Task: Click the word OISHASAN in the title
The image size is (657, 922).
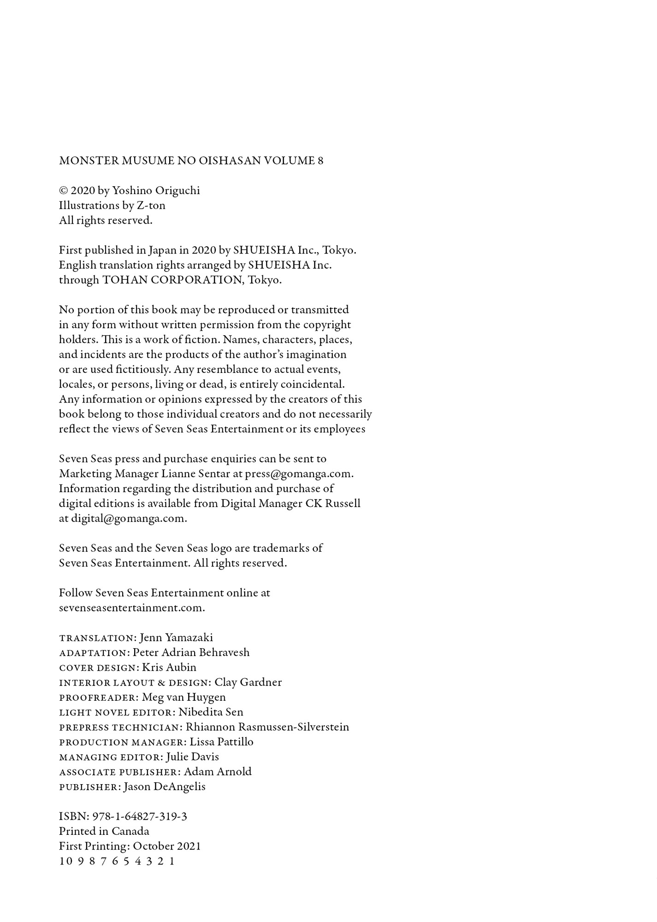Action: click(x=229, y=160)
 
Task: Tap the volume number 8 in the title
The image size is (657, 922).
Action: click(x=320, y=160)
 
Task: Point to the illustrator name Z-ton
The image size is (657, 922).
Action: click(x=151, y=206)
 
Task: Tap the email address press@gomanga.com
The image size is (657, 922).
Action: click(x=299, y=474)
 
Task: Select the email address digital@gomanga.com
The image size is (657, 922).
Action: click(x=129, y=519)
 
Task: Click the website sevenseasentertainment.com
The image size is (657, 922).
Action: click(x=132, y=608)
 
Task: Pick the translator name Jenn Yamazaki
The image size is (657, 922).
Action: click(x=176, y=638)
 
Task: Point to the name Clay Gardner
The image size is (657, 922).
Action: click(x=248, y=683)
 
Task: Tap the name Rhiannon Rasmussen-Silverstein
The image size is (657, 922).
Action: click(x=267, y=727)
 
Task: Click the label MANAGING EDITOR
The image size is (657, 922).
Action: click(x=111, y=757)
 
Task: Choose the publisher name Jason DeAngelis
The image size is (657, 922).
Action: click(x=165, y=787)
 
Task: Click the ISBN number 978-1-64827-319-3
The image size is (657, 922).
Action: click(x=140, y=817)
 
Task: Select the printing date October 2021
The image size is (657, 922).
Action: click(x=167, y=846)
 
